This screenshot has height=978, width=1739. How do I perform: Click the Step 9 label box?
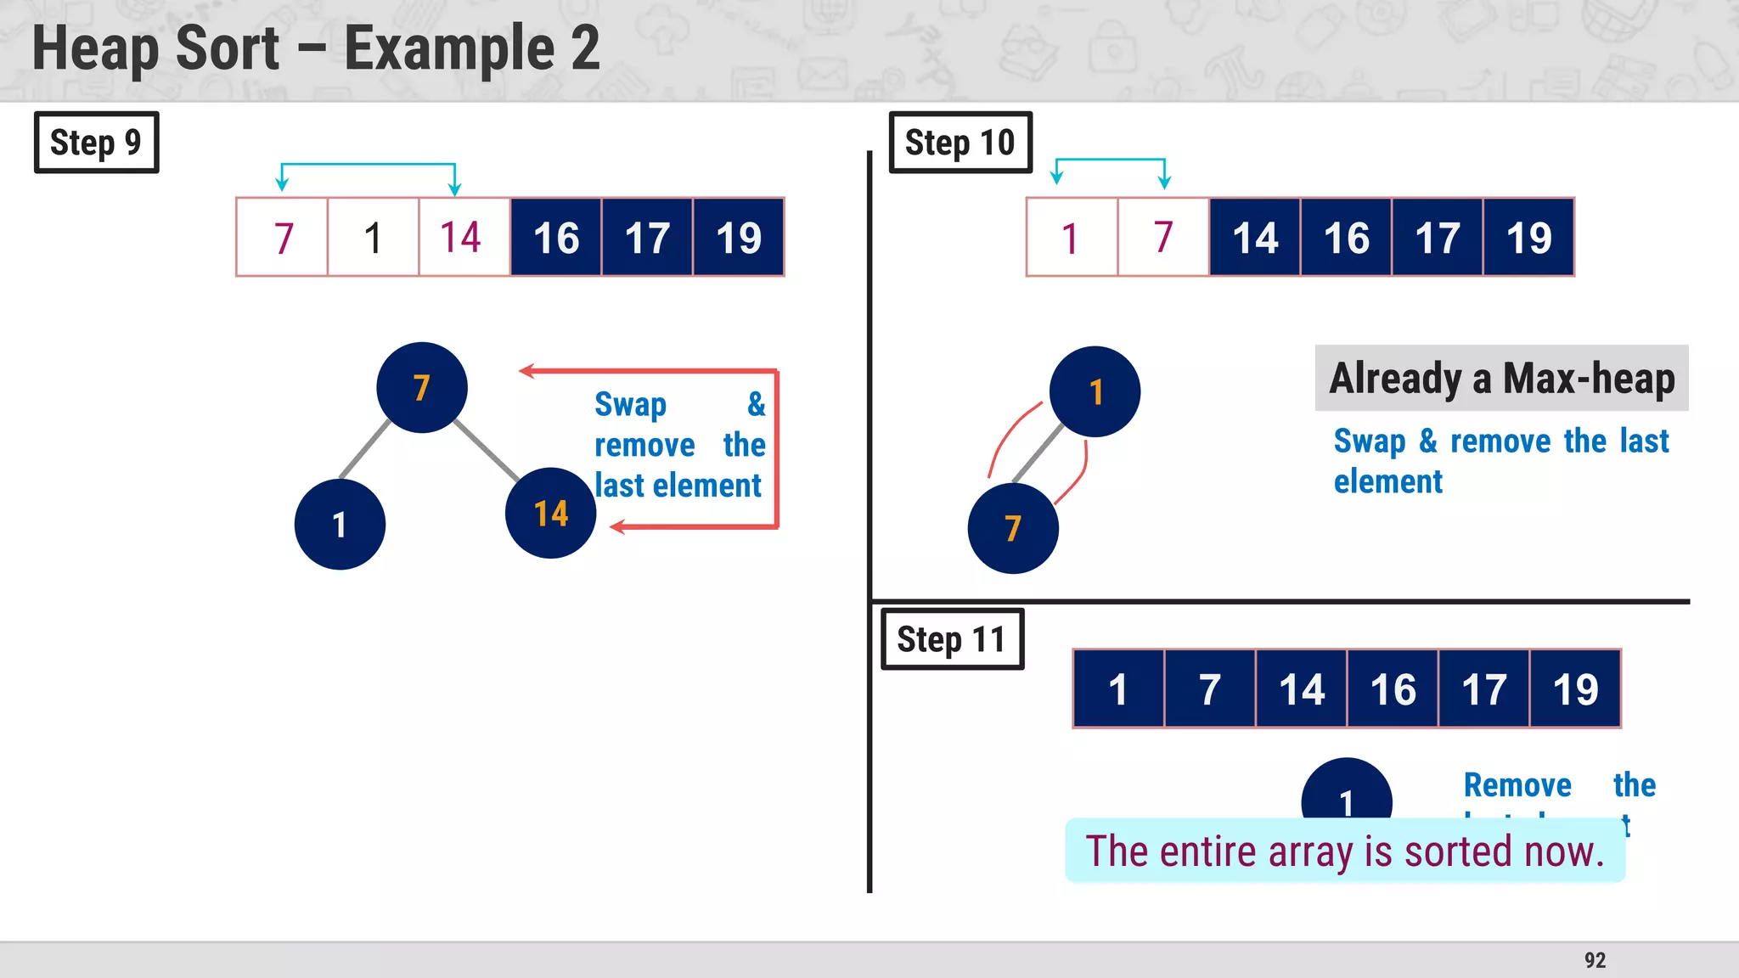96,143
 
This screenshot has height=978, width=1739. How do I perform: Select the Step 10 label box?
960,143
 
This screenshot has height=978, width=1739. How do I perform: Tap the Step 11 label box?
952,639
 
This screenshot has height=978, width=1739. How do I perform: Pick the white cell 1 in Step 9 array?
373,238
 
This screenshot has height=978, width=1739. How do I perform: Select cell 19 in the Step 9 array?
738,238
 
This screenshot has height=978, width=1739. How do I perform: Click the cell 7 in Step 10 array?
1163,238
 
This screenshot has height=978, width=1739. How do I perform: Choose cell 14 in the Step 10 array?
1255,238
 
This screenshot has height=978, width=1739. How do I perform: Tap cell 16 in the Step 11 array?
1393,689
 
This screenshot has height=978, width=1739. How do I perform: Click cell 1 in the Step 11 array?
1118,689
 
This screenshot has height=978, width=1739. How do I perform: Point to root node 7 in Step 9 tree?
422,388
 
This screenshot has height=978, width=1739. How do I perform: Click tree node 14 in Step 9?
551,514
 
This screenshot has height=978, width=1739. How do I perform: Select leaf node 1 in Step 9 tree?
340,525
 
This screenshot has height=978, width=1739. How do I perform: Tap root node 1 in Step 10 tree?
1095,392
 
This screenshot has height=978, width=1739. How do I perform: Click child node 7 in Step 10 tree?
1013,529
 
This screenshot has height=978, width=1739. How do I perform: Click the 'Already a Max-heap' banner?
1501,379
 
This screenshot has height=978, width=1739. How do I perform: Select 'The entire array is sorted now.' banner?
1345,851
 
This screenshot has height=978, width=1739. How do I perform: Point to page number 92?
1595,960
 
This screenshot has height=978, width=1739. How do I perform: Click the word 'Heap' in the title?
96,48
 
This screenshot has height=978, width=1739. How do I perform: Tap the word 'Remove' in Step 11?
1517,785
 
